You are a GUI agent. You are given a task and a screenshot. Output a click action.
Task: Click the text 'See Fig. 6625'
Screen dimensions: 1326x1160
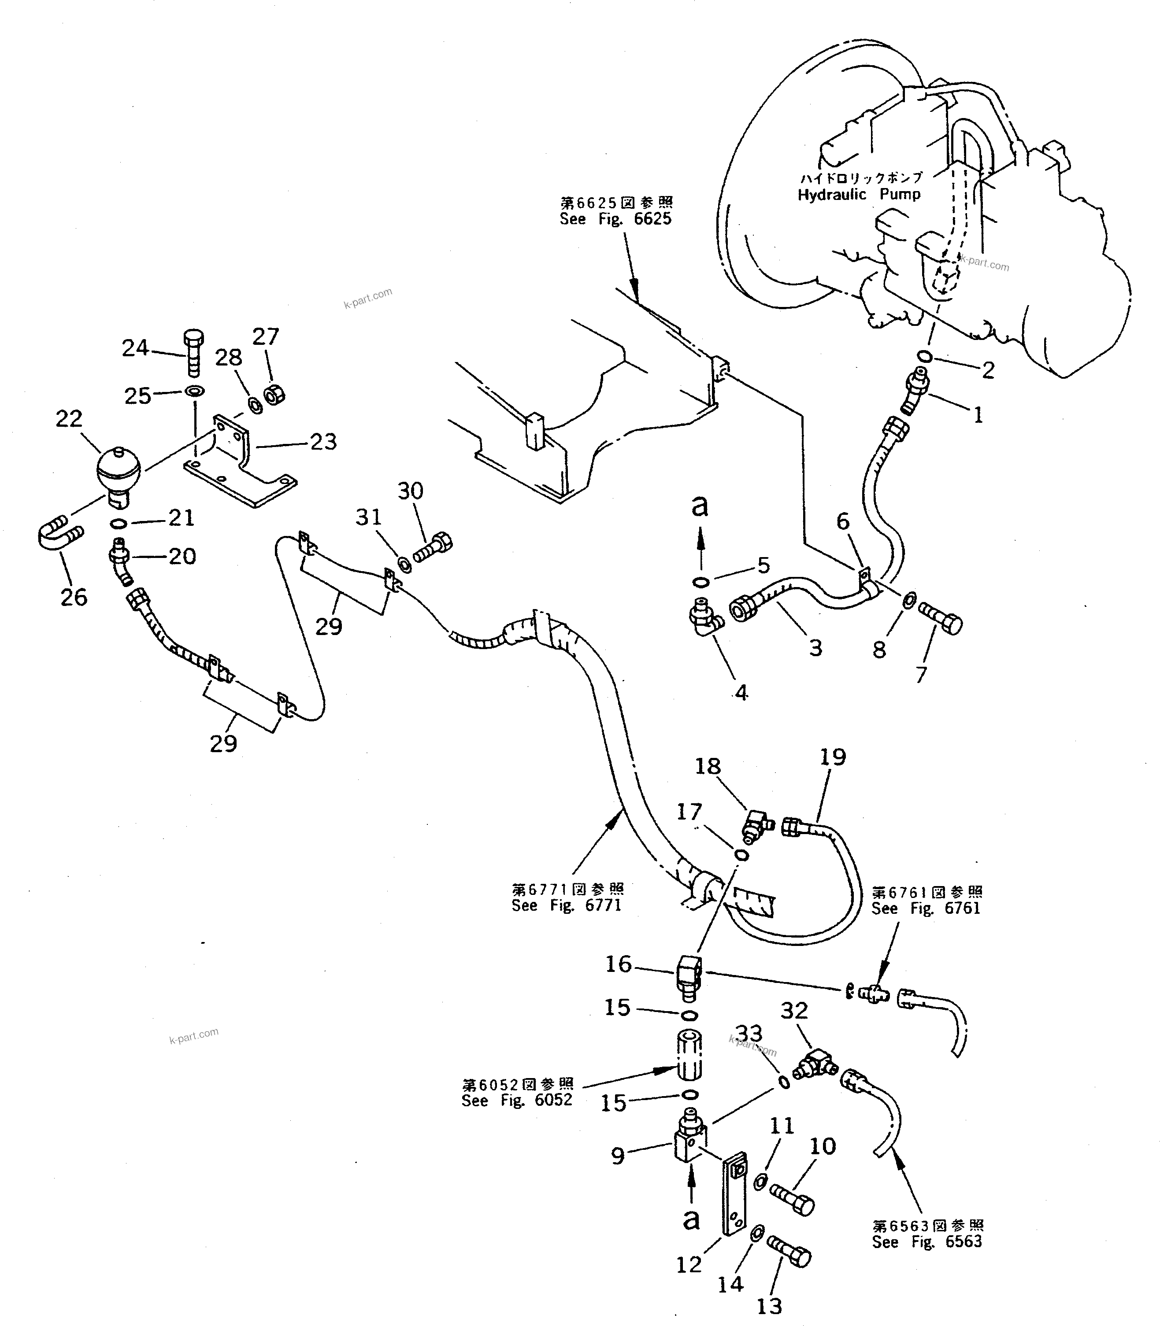tap(615, 219)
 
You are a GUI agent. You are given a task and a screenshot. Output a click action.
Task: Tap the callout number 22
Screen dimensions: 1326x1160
tap(69, 419)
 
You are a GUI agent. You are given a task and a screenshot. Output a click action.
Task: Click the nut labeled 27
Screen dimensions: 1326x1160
tap(275, 393)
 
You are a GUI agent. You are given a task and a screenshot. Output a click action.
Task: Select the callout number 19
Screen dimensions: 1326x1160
tap(833, 757)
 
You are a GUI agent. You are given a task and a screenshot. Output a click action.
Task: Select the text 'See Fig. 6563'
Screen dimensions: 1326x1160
tap(927, 1242)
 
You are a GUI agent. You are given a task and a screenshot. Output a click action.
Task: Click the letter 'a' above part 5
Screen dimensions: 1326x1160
tap(699, 506)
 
